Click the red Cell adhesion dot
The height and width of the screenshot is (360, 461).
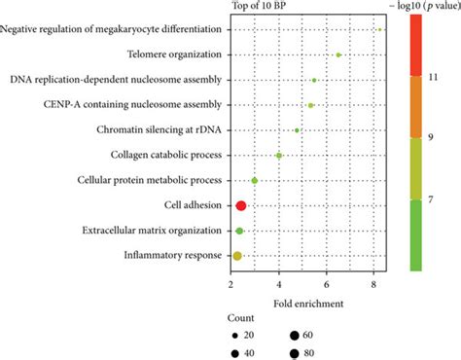tap(241, 205)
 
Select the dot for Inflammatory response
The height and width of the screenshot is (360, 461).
tap(236, 256)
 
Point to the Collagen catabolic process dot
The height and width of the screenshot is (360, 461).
tap(279, 155)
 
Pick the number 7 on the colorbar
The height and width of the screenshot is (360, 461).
tap(435, 199)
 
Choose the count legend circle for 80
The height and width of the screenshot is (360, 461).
tap(296, 353)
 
